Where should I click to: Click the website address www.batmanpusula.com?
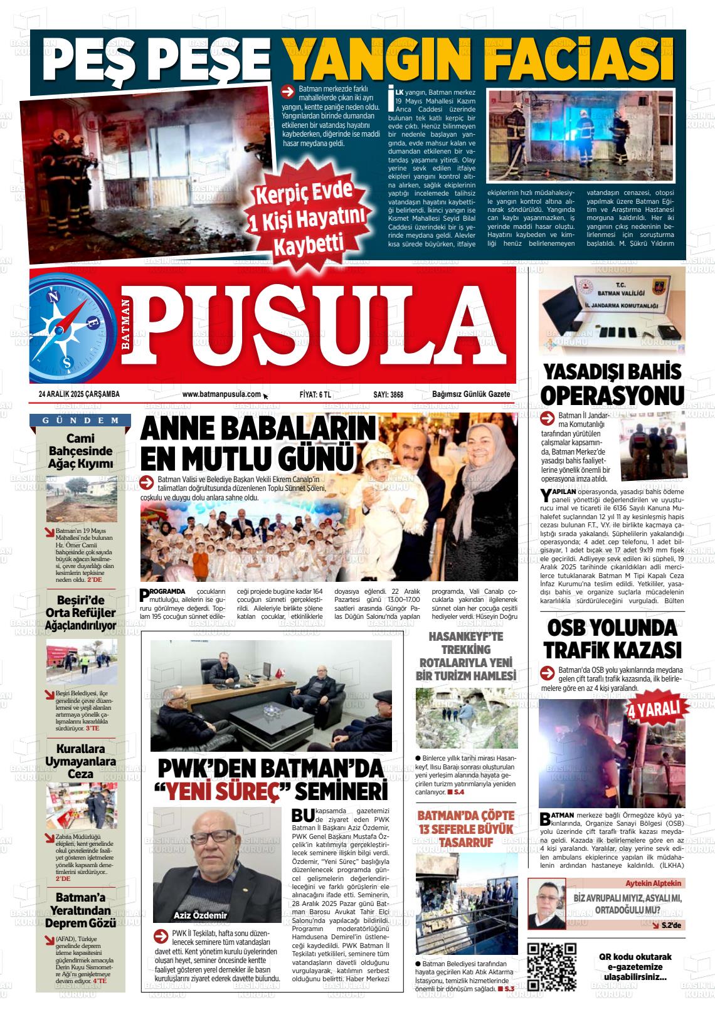[x=221, y=394]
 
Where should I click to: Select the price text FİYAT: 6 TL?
[x=315, y=395]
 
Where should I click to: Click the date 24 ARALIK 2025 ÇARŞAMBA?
[x=79, y=394]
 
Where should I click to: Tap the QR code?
[x=551, y=966]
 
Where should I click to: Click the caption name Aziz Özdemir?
[x=200, y=915]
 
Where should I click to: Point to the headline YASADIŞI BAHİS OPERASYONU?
[x=612, y=384]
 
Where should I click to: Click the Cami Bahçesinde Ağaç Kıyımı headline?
[x=81, y=451]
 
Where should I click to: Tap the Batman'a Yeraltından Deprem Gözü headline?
[x=81, y=910]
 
